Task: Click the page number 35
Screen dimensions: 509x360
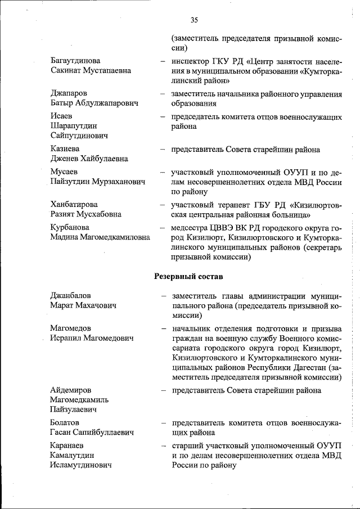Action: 194,20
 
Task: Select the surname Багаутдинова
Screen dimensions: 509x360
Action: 75,60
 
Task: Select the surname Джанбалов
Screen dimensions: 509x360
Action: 70,295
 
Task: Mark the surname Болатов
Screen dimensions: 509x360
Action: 65,422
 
